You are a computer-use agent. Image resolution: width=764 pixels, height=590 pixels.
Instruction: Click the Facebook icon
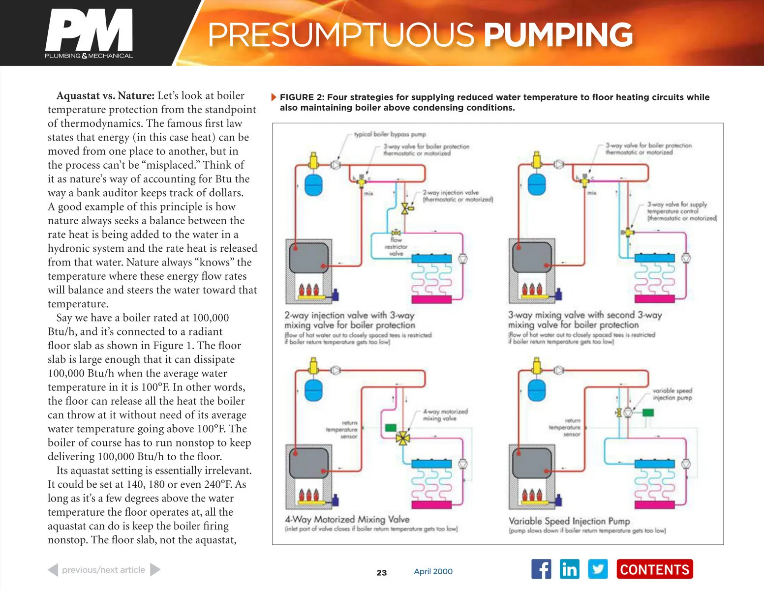pyautogui.click(x=541, y=569)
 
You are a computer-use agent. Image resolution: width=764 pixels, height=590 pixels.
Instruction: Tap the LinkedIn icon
pyautogui.click(x=569, y=569)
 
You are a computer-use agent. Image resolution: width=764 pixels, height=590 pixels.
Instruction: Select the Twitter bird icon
pyautogui.click(x=598, y=569)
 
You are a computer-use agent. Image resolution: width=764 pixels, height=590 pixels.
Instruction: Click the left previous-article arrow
pyautogui.click(x=53, y=570)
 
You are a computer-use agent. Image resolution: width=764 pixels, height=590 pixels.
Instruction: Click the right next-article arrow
pyautogui.click(x=155, y=570)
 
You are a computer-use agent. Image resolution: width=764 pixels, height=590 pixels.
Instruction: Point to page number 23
pyautogui.click(x=381, y=573)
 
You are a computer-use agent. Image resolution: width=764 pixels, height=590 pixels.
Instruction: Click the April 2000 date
pyautogui.click(x=433, y=571)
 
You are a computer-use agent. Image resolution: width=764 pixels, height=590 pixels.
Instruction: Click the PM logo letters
pyautogui.click(x=89, y=30)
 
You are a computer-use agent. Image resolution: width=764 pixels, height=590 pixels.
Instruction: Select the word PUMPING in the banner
pyautogui.click(x=558, y=34)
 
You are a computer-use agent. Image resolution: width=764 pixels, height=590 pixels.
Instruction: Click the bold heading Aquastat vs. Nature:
pyautogui.click(x=105, y=95)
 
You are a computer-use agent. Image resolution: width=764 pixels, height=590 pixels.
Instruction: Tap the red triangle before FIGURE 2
pyautogui.click(x=274, y=97)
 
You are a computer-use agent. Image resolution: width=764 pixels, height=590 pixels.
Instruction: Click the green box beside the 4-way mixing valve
pyautogui.click(x=391, y=428)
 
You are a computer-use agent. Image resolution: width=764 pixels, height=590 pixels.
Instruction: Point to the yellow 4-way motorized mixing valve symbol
pyautogui.click(x=403, y=437)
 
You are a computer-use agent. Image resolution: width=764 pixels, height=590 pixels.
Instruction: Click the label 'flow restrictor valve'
pyautogui.click(x=396, y=247)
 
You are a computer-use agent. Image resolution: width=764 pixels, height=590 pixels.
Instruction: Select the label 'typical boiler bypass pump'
pyautogui.click(x=390, y=134)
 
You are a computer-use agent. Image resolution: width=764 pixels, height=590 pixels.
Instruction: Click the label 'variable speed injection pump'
pyautogui.click(x=672, y=394)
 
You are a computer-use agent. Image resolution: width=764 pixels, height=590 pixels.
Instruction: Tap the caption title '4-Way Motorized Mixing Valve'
pyautogui.click(x=347, y=519)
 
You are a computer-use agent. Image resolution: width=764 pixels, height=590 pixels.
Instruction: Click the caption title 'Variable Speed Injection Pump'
pyautogui.click(x=569, y=521)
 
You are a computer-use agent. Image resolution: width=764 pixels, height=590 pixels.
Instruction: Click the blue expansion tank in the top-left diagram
pyautogui.click(x=313, y=185)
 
